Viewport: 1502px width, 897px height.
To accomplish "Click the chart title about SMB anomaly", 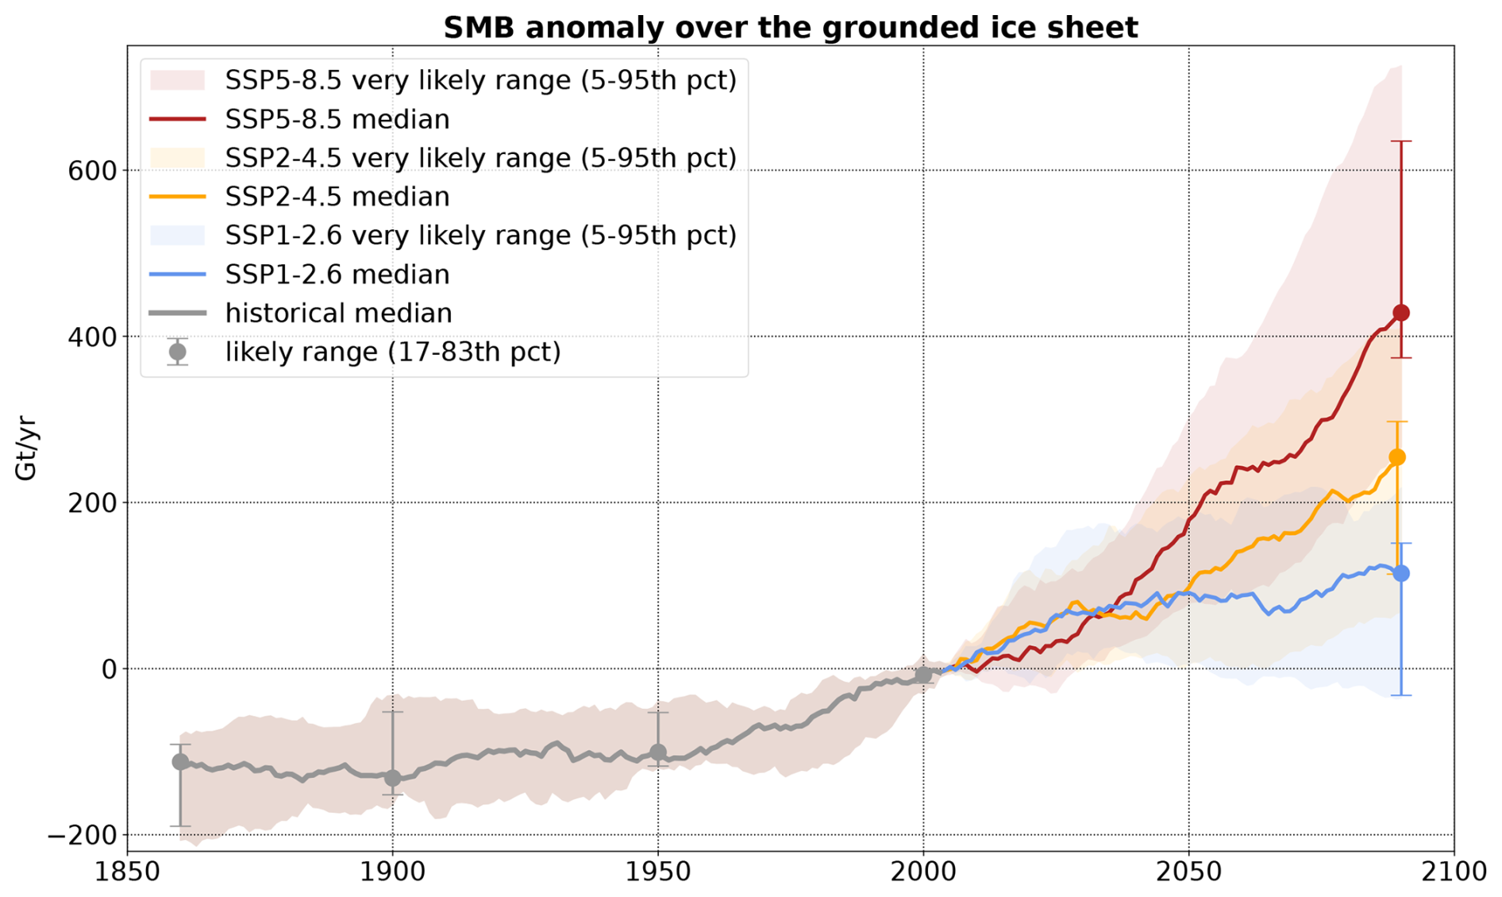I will (790, 27).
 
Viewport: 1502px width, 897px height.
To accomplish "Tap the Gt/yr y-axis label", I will (26, 448).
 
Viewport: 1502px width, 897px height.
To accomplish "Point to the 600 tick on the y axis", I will (92, 171).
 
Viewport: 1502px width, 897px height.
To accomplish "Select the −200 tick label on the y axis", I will (83, 835).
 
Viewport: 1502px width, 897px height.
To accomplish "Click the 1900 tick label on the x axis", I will (392, 872).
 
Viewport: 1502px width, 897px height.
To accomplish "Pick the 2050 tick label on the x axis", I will (1188, 872).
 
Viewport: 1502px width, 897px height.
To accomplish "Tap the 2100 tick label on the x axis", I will (1454, 872).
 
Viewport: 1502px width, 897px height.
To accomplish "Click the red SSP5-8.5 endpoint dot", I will (1401, 313).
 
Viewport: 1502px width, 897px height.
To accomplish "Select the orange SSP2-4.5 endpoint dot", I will (1397, 457).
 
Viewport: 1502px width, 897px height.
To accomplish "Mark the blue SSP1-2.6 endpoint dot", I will (1401, 573).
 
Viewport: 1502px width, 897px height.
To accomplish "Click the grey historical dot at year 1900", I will (392, 778).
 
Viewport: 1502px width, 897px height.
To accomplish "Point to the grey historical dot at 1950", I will (658, 752).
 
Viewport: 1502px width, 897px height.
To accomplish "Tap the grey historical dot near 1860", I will (180, 761).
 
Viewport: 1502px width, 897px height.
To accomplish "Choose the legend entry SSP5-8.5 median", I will (337, 119).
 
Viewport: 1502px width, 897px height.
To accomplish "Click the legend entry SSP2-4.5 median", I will (337, 197).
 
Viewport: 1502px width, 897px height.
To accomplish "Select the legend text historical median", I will (338, 314).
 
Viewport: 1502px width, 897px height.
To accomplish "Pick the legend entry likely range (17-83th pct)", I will (393, 352).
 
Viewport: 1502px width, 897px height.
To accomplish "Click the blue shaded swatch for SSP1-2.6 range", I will (177, 236).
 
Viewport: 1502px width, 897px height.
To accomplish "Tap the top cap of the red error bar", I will (1401, 141).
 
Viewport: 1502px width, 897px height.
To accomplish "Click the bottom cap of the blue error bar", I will (1401, 695).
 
